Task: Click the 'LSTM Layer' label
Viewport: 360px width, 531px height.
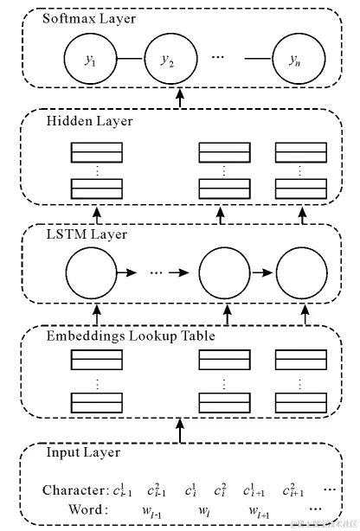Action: [x=86, y=234]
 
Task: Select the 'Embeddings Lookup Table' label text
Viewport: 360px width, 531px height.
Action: [x=130, y=336]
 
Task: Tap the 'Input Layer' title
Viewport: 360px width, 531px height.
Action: [x=83, y=452]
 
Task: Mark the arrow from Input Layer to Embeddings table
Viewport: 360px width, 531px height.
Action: [x=180, y=429]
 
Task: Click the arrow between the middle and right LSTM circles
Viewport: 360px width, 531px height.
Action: [x=261, y=273]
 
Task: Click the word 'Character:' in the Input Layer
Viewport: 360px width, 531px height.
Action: [x=73, y=490]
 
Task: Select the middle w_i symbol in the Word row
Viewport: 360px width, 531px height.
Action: [x=205, y=510]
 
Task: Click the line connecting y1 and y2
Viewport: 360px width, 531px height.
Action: [x=128, y=59]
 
